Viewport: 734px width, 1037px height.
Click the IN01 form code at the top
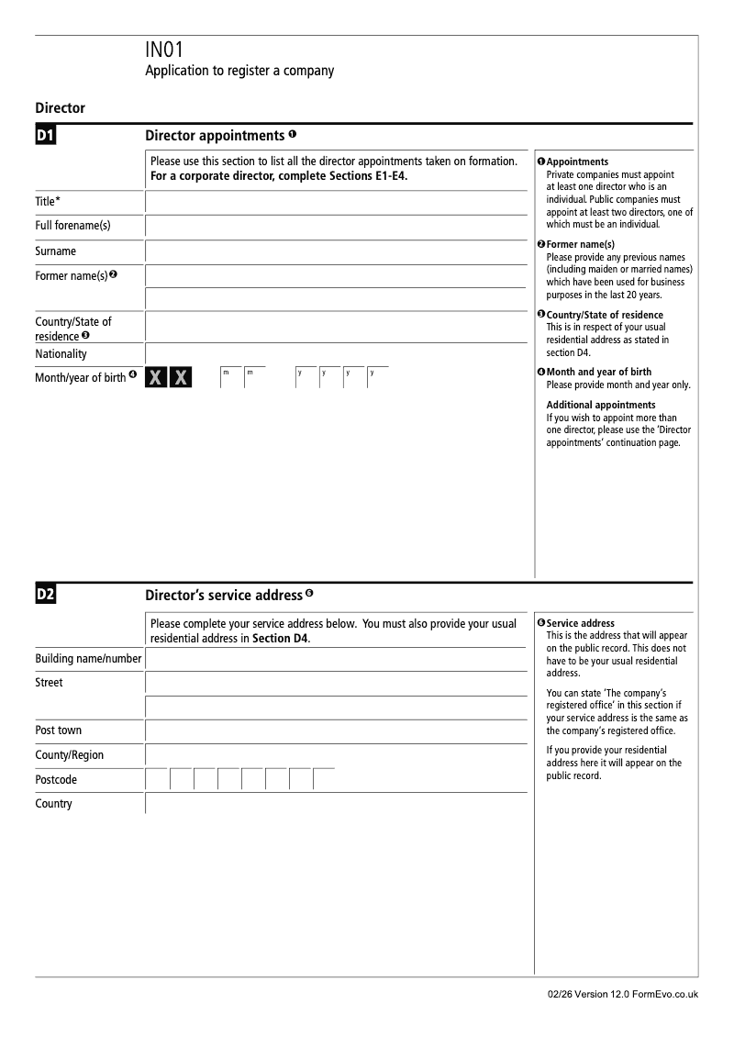165,51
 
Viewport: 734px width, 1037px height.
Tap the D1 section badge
46,137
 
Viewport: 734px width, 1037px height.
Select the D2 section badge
46,595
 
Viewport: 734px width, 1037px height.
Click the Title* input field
337,202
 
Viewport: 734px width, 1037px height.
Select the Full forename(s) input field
337,227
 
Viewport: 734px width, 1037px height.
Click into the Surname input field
337,251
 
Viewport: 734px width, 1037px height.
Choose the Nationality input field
337,354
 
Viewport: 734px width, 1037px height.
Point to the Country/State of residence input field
337,327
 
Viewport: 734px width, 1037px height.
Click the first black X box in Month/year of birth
157,378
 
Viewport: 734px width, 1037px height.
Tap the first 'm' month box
230,378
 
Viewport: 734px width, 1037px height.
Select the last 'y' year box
377,378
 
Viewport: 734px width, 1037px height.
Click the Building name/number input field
337,659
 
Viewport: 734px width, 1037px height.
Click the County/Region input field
337,755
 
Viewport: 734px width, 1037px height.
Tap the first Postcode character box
157,780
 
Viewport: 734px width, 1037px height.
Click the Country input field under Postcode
337,804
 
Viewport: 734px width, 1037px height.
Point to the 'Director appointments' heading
215,136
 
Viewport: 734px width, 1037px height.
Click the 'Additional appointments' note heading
601,405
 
